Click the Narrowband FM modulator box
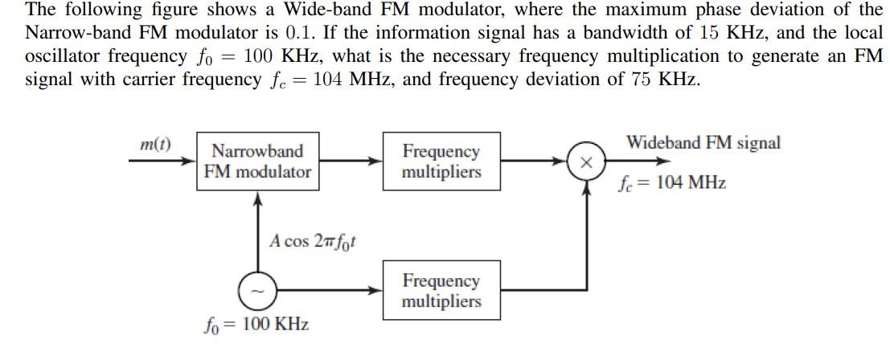tap(257, 162)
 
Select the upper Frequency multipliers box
tap(441, 162)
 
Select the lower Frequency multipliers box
tap(441, 291)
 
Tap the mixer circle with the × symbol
tap(587, 162)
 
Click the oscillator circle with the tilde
tap(257, 291)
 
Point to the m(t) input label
tap(155, 145)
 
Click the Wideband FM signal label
tap(703, 143)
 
